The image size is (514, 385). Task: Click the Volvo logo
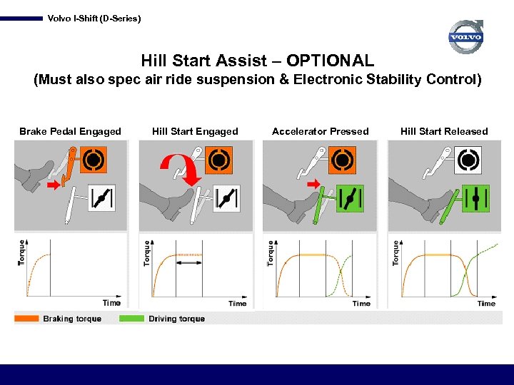[466, 37]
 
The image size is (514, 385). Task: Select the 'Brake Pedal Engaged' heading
[70, 131]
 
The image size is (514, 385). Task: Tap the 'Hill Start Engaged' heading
[195, 131]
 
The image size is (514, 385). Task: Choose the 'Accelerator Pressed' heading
[321, 131]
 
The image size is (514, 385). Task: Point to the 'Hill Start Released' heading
[444, 131]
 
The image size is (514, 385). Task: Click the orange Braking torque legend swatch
[26, 319]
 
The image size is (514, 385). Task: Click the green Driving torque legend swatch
[132, 319]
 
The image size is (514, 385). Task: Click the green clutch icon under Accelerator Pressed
[349, 199]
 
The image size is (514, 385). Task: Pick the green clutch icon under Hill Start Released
[473, 199]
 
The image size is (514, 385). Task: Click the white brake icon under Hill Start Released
[468, 160]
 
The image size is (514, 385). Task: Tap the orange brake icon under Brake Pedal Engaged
[94, 160]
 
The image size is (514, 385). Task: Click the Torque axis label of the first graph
[21, 252]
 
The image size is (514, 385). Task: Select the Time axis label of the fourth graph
[486, 303]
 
